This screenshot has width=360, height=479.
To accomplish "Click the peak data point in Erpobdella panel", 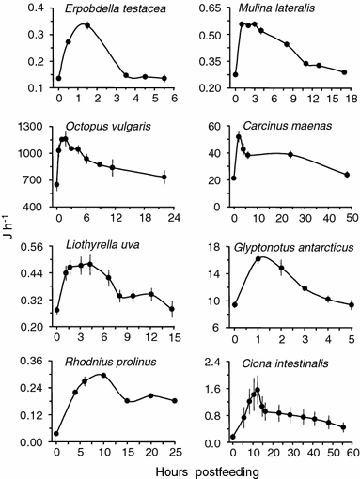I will click(86, 25).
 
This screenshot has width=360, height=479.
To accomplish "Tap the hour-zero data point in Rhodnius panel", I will click(57, 434).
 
